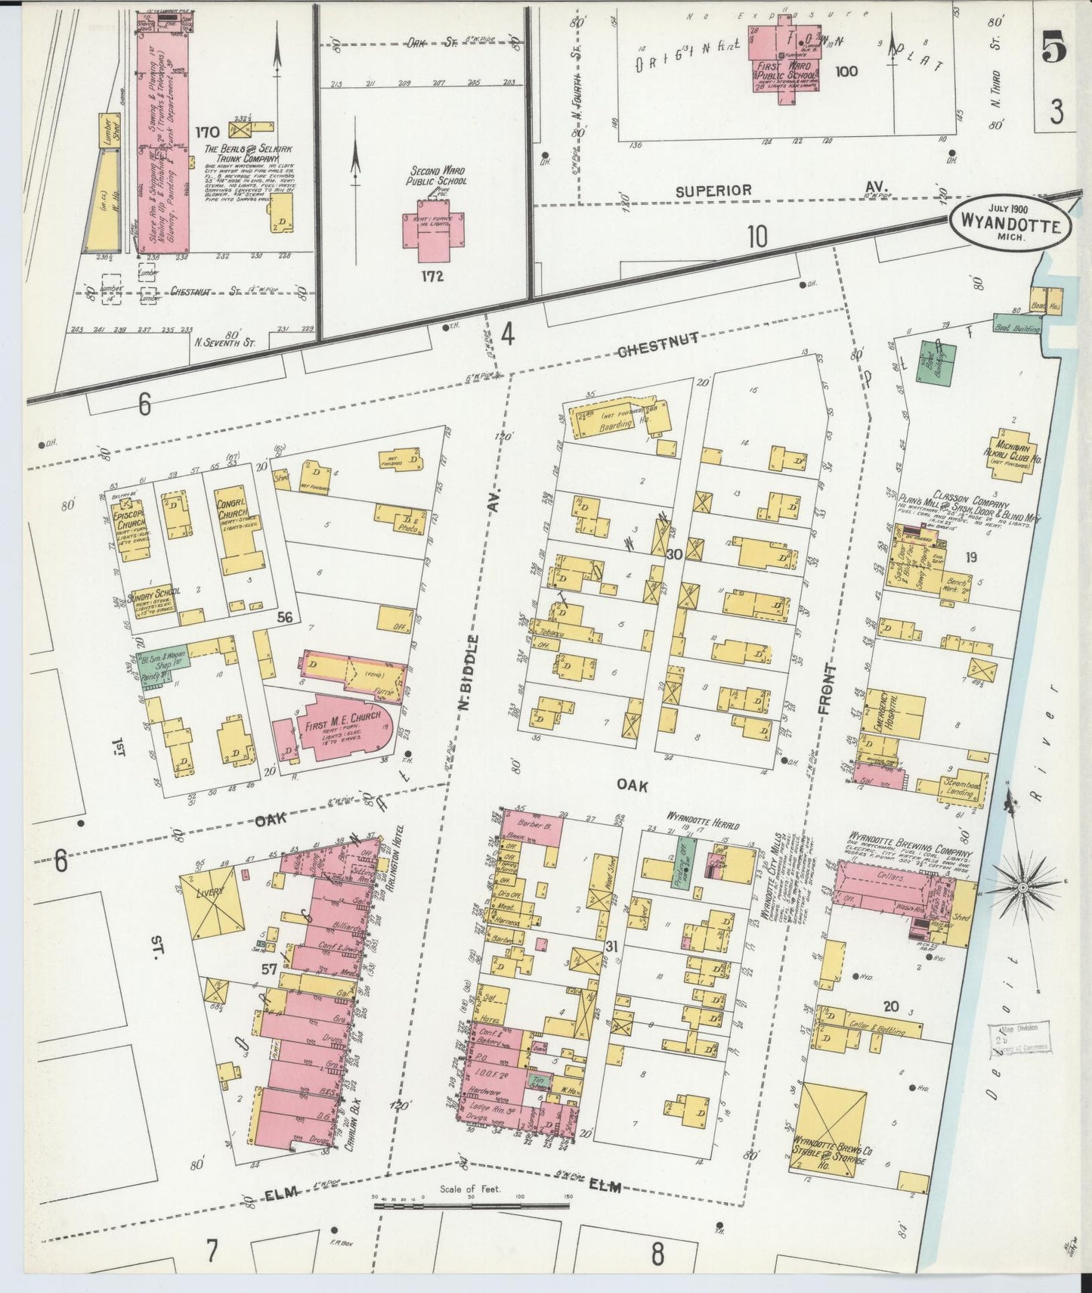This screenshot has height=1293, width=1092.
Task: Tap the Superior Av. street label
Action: (x=713, y=190)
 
